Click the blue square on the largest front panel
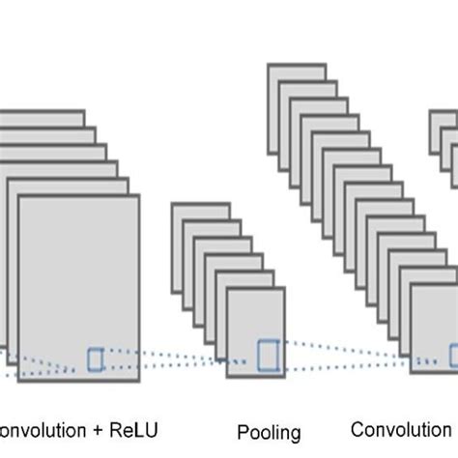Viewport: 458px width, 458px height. click(x=96, y=359)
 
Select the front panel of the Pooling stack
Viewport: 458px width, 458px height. click(x=255, y=319)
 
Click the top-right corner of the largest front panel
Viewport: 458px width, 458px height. click(x=139, y=196)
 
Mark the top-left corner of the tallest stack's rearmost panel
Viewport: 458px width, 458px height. click(x=268, y=65)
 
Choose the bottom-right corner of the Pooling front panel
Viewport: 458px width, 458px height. click(x=285, y=376)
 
